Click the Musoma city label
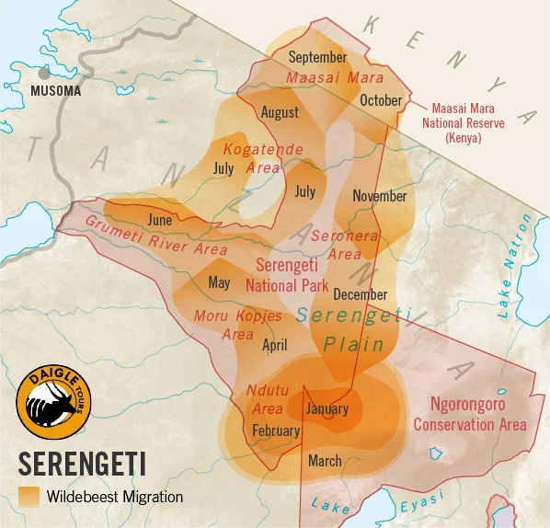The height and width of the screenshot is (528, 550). tap(55, 91)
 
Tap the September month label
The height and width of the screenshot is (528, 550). tap(317, 57)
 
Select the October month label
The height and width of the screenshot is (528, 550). tap(381, 100)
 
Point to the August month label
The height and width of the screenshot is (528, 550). tap(280, 112)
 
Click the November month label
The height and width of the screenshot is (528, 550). tap(379, 196)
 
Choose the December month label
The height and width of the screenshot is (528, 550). tap(360, 294)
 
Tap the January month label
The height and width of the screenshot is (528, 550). tap(327, 408)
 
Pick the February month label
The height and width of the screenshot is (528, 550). tap(276, 430)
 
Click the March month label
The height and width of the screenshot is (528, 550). tap(325, 461)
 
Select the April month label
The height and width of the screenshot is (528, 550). tap(275, 346)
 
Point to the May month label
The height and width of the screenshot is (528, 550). tap(219, 282)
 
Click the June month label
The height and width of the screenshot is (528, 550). tap(159, 220)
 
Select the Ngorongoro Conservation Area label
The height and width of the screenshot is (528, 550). tap(469, 414)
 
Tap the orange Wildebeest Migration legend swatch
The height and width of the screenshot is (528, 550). tap(29, 497)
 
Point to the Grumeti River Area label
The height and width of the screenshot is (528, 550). tap(155, 235)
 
